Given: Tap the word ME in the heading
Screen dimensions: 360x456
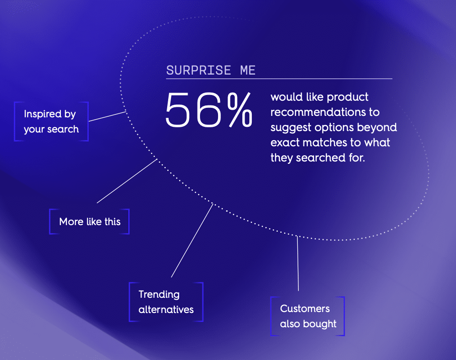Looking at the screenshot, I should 247,71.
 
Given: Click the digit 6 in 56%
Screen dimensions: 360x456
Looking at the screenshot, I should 208,110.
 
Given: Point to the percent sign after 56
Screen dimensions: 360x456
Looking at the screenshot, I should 239,110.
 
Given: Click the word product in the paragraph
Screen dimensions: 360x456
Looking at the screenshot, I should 348,97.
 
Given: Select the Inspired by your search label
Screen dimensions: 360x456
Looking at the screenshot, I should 51,122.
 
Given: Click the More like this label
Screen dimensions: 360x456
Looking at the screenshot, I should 90,222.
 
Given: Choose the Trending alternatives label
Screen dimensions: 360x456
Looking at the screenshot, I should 166,302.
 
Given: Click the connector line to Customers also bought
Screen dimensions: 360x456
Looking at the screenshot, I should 298,264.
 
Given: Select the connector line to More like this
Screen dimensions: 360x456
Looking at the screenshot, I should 127,181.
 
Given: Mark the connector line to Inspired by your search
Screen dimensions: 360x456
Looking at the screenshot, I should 107,116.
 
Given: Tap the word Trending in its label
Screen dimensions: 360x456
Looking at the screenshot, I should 159,294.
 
